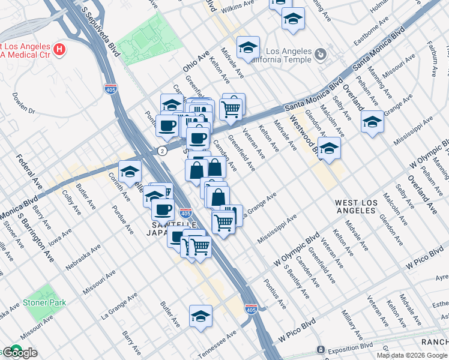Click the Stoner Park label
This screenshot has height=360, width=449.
pyautogui.click(x=45, y=302)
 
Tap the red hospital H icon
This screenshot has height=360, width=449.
pyautogui.click(x=59, y=48)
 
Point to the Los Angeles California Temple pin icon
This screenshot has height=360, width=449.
pyautogui.click(x=321, y=55)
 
